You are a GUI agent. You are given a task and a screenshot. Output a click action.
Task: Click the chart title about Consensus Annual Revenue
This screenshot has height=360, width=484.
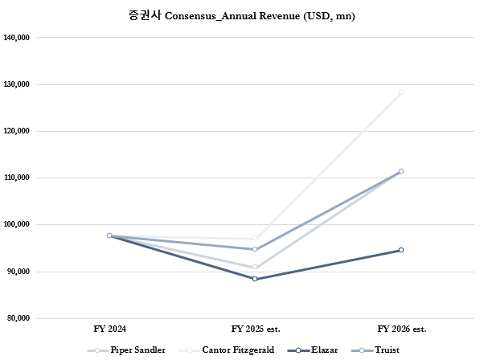click(241, 16)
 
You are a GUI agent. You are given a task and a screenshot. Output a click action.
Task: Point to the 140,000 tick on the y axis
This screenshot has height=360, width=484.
click(17, 37)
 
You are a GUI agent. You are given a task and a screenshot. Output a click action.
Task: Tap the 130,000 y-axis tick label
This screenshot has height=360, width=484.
click(17, 84)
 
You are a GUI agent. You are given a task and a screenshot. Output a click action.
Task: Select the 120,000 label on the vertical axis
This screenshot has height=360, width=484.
click(17, 130)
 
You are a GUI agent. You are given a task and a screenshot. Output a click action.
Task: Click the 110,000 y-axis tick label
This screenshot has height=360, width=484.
click(17, 178)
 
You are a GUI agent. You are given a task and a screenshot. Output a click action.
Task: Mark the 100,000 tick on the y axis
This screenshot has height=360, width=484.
click(17, 224)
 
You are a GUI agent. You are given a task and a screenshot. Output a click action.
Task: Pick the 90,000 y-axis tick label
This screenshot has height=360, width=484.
click(18, 272)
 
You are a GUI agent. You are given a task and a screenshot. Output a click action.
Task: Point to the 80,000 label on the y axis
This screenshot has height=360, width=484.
click(18, 318)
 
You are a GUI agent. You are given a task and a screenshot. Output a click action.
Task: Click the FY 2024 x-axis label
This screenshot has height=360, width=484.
click(109, 329)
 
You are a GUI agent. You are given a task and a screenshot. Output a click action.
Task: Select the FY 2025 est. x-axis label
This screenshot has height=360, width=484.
click(255, 329)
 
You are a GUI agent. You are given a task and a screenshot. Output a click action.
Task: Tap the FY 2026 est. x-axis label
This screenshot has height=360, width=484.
click(400, 329)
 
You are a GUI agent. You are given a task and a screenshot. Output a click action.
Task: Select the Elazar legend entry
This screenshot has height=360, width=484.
click(315, 350)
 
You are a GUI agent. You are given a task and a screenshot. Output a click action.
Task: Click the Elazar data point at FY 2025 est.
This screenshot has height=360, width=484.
click(255, 279)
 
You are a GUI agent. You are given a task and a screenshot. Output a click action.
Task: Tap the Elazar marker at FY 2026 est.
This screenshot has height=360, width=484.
click(400, 250)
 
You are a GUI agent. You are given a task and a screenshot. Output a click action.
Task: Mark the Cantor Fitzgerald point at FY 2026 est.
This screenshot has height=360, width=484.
click(400, 92)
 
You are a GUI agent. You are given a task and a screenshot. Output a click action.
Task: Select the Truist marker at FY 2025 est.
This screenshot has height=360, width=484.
click(255, 249)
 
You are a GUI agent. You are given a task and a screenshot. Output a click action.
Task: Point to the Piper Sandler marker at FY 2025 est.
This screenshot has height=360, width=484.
click(255, 267)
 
